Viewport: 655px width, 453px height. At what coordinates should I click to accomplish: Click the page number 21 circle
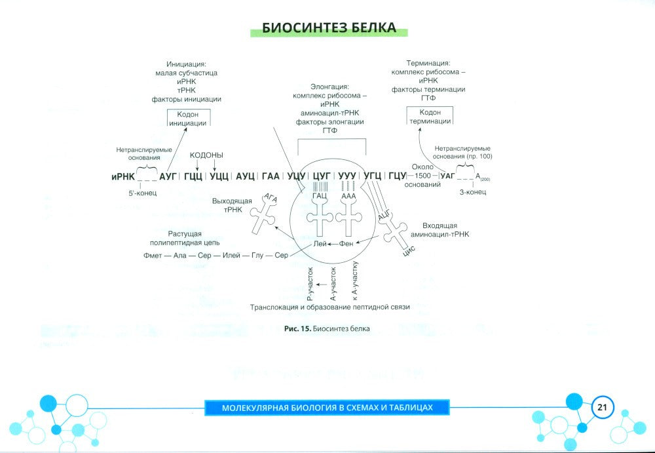tap(602, 407)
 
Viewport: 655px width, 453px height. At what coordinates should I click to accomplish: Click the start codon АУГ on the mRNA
tap(168, 176)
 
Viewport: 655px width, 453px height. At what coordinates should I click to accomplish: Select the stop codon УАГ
tap(447, 176)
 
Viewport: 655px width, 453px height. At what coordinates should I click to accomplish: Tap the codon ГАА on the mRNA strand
tap(271, 176)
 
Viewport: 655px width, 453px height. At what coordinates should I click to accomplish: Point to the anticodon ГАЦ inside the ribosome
tap(320, 196)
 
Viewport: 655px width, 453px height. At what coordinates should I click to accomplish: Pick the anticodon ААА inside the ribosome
tap(348, 196)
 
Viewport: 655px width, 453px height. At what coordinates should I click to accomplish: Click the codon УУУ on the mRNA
tap(347, 176)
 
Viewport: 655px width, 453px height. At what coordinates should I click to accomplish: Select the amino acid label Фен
tap(346, 243)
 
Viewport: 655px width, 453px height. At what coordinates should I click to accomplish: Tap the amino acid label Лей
tap(320, 243)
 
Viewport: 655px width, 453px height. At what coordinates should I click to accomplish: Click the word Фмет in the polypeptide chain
tap(153, 255)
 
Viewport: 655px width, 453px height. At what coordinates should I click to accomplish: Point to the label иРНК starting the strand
tap(123, 177)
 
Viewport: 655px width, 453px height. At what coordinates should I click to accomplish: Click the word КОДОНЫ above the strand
tap(206, 155)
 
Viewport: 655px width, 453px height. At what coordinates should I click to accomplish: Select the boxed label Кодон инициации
tap(188, 119)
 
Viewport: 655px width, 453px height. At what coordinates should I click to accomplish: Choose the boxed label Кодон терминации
tap(430, 116)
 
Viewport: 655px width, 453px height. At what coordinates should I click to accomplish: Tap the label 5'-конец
tap(142, 193)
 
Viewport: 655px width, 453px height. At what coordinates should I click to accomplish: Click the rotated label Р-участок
tap(310, 285)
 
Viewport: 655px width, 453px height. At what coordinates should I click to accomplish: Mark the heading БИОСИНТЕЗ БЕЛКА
tap(329, 28)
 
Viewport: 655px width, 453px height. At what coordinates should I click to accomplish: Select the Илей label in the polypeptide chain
tap(231, 255)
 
